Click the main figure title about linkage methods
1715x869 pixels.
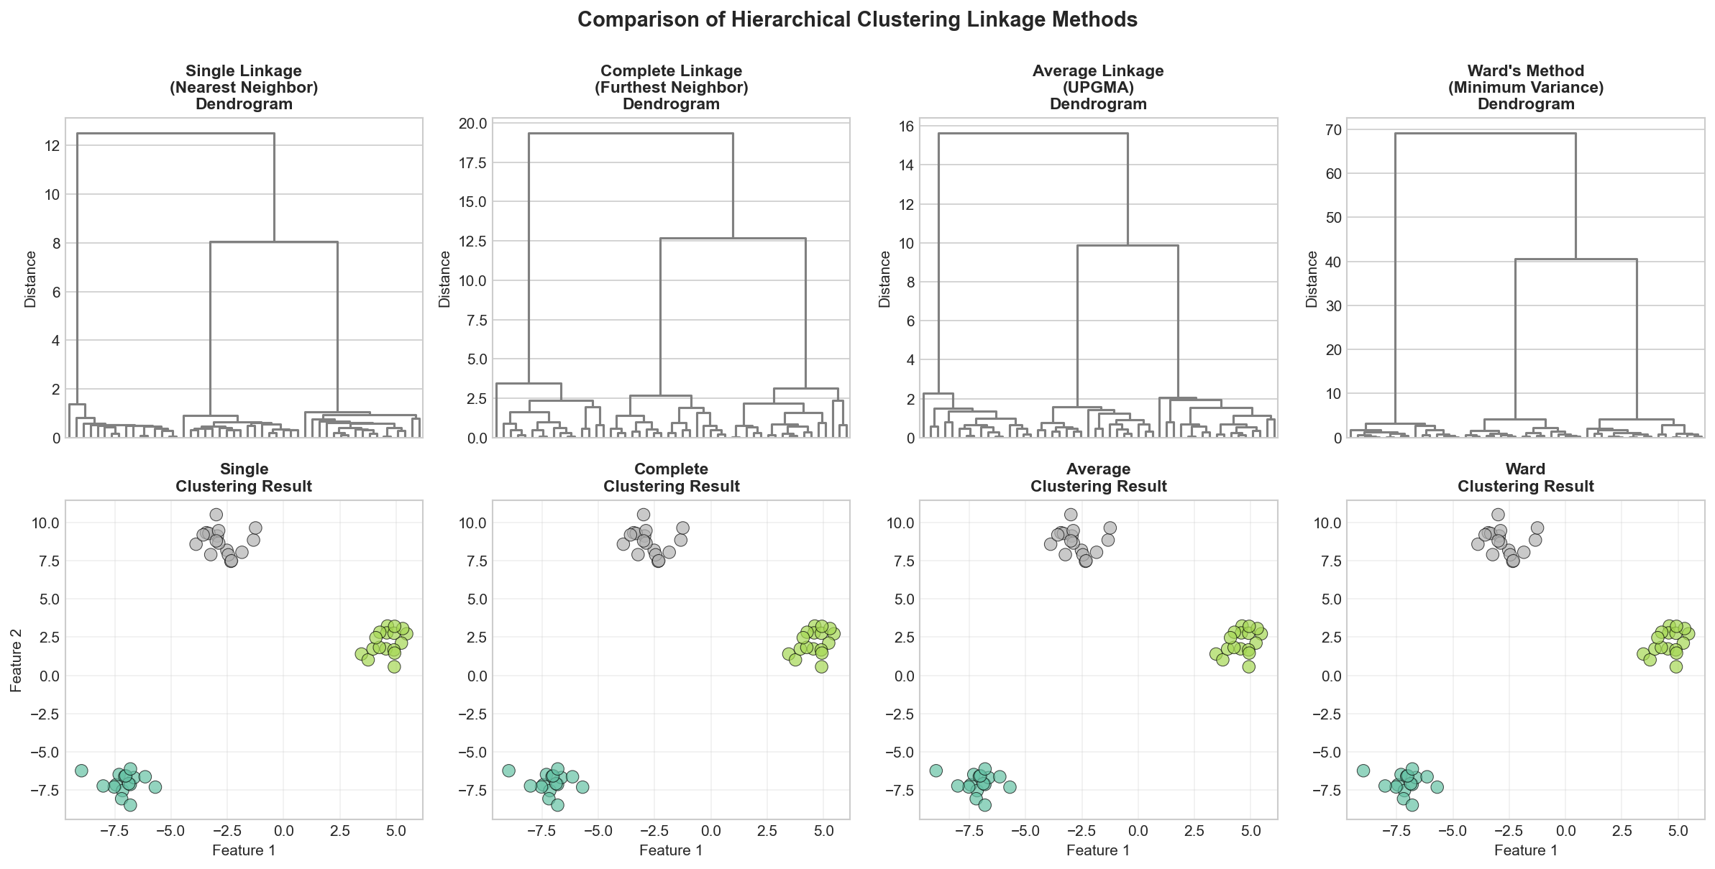857,19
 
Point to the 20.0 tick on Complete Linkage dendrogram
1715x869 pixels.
472,124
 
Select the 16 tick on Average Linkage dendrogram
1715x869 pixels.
905,126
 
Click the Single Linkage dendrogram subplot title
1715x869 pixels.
244,87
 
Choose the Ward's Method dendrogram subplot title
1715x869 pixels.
1525,87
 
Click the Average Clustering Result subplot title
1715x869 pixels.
1098,477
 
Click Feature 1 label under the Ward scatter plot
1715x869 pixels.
1525,850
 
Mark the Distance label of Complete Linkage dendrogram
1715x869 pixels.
444,279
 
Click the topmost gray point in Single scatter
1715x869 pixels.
216,515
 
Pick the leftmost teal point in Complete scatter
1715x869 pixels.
508,771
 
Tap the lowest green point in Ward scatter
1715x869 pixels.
1676,666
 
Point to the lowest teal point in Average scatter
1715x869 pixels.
984,805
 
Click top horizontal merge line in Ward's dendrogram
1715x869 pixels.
1485,133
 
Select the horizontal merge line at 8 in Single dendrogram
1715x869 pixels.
273,242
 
